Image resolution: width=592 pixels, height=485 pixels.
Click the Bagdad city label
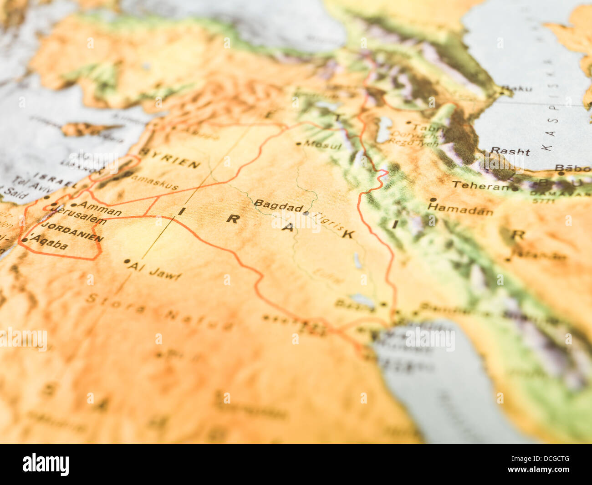coord(278,206)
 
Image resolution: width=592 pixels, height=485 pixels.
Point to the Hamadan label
coord(460,209)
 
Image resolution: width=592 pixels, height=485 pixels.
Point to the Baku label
coord(517,88)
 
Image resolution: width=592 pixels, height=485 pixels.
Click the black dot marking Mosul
coord(298,143)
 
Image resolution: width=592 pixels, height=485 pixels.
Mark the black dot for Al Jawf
coord(127,261)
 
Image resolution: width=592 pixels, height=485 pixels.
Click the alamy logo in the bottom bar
coord(46,465)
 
